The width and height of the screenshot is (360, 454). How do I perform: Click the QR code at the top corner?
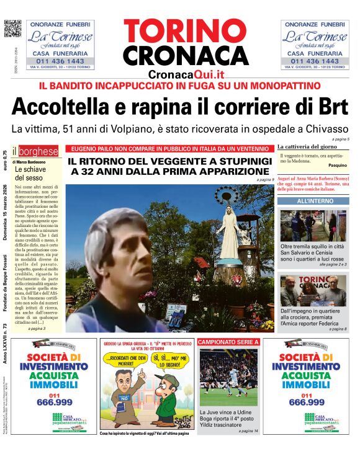[x=12, y=29]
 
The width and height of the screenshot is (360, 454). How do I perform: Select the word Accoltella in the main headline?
[x=69, y=106]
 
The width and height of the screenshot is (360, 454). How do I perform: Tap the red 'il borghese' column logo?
[x=38, y=151]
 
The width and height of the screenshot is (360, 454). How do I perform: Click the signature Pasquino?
[x=337, y=166]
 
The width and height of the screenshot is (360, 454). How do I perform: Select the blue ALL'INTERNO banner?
[x=315, y=202]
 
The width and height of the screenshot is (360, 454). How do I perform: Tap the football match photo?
[x=228, y=376]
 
